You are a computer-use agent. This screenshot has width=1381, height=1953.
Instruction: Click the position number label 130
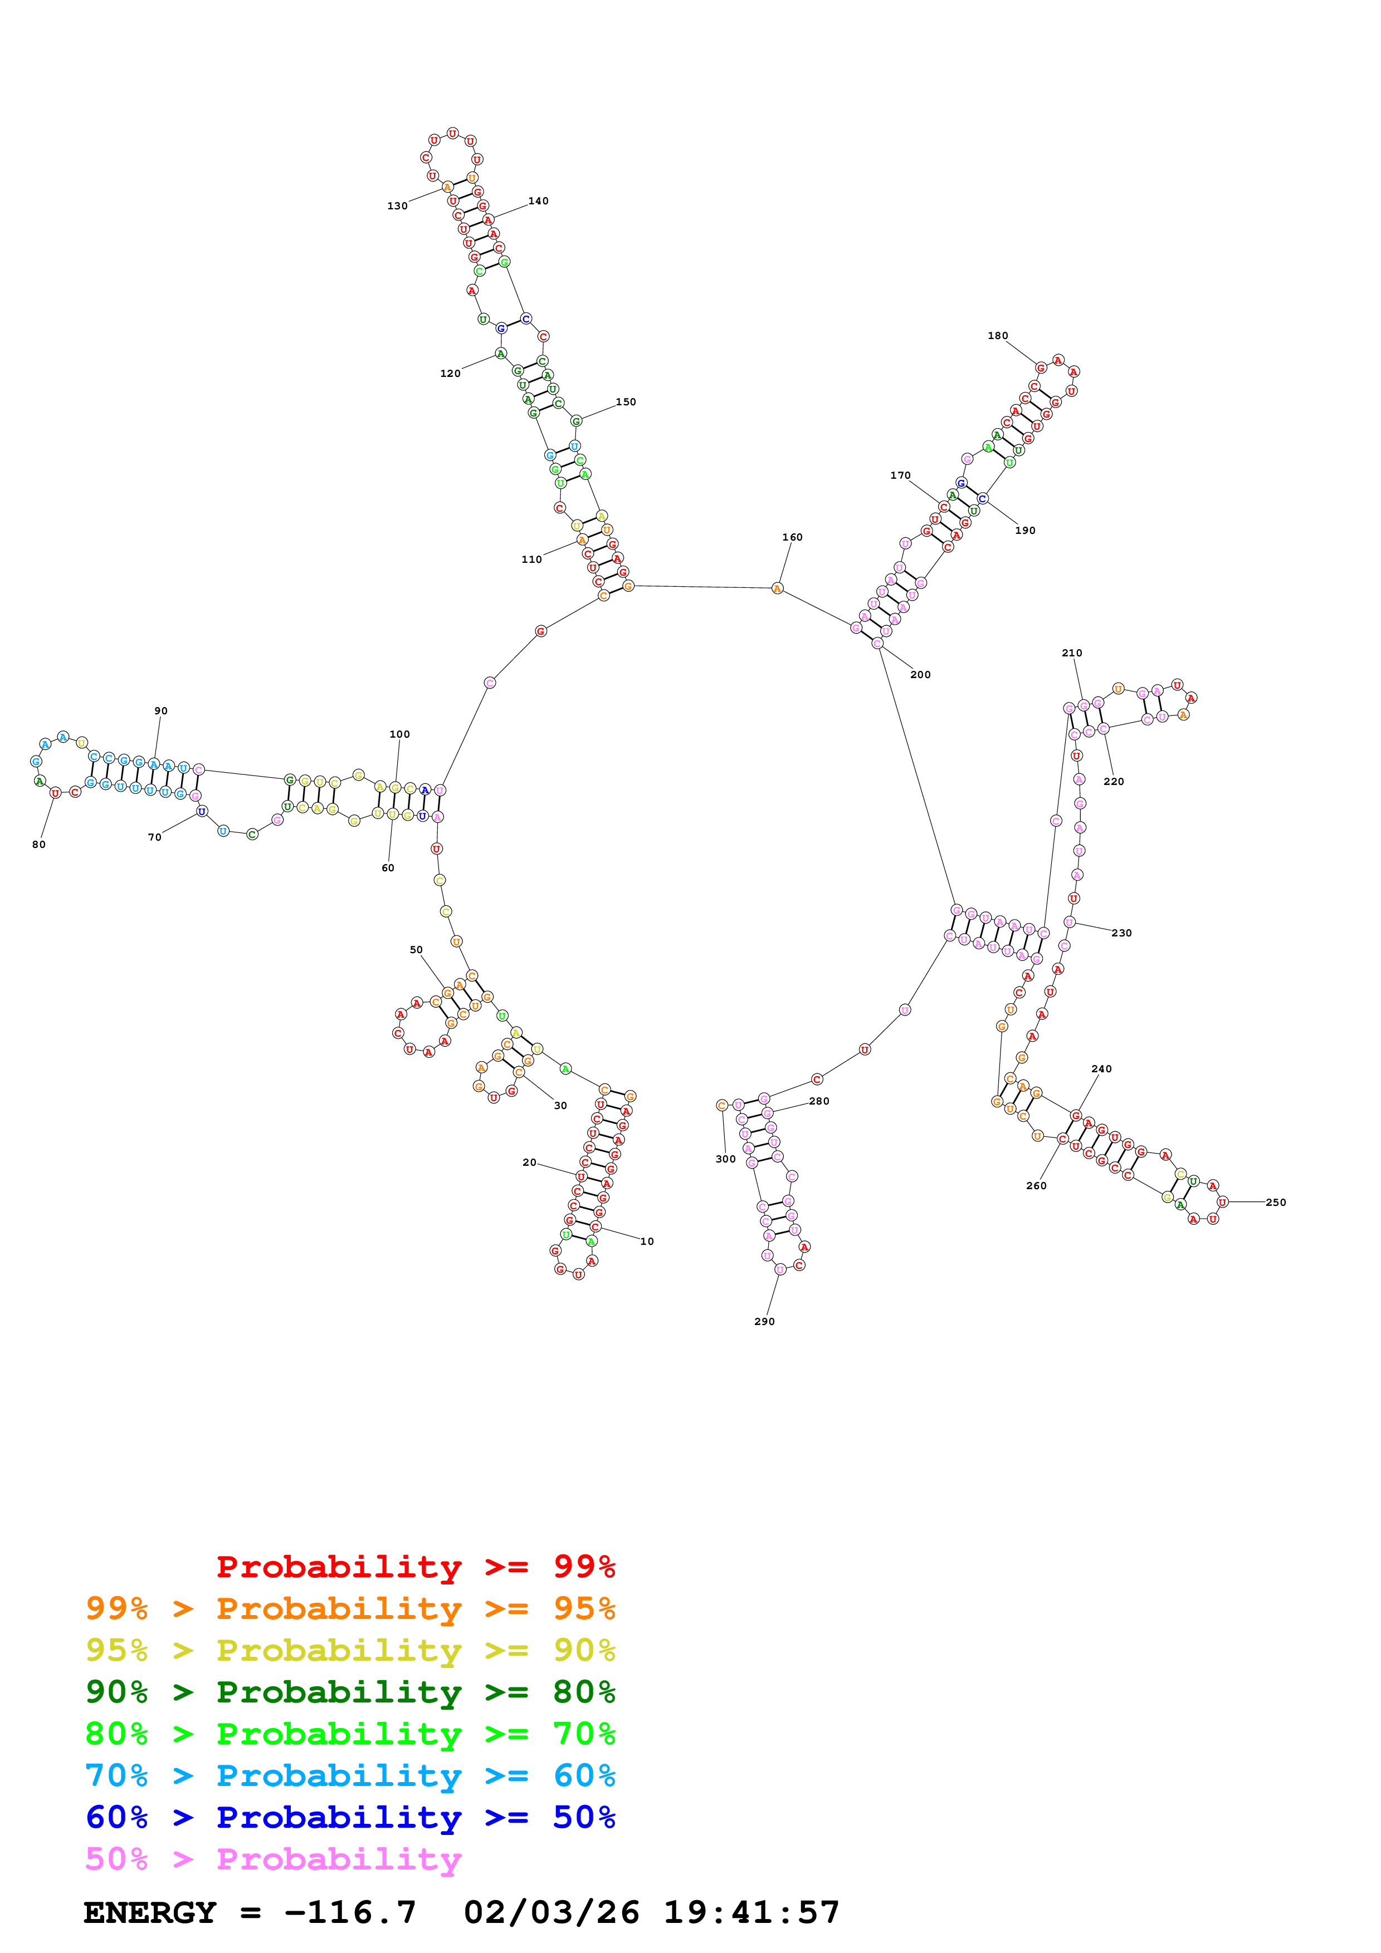(x=397, y=206)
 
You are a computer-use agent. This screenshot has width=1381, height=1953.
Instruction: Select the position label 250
(x=1276, y=1203)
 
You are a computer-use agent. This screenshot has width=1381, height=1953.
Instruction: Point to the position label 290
(x=764, y=1322)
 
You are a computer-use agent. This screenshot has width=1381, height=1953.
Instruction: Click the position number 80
(x=39, y=845)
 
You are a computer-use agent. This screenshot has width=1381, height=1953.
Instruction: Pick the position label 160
(x=792, y=538)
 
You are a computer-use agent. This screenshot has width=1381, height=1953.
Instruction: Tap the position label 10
(x=647, y=1242)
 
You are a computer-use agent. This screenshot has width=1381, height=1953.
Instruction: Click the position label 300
(x=725, y=1159)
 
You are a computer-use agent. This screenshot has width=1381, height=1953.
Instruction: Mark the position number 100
(x=399, y=734)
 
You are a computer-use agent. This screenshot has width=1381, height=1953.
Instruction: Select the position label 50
(x=416, y=950)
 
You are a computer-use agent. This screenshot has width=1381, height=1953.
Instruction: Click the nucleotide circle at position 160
(x=777, y=588)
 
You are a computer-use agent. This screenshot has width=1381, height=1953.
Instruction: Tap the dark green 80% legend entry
(x=350, y=1692)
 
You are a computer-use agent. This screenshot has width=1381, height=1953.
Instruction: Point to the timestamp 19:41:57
(x=752, y=1912)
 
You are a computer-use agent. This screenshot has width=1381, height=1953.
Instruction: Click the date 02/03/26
(x=552, y=1912)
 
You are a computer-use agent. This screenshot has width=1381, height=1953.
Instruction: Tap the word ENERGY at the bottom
(x=150, y=1912)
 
